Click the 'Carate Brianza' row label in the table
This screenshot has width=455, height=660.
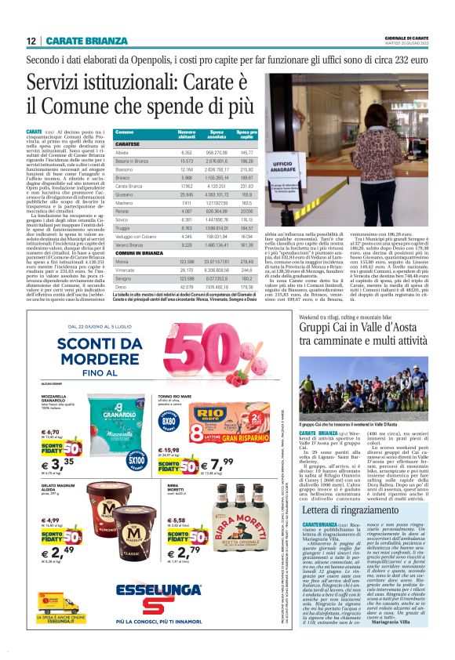129,186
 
